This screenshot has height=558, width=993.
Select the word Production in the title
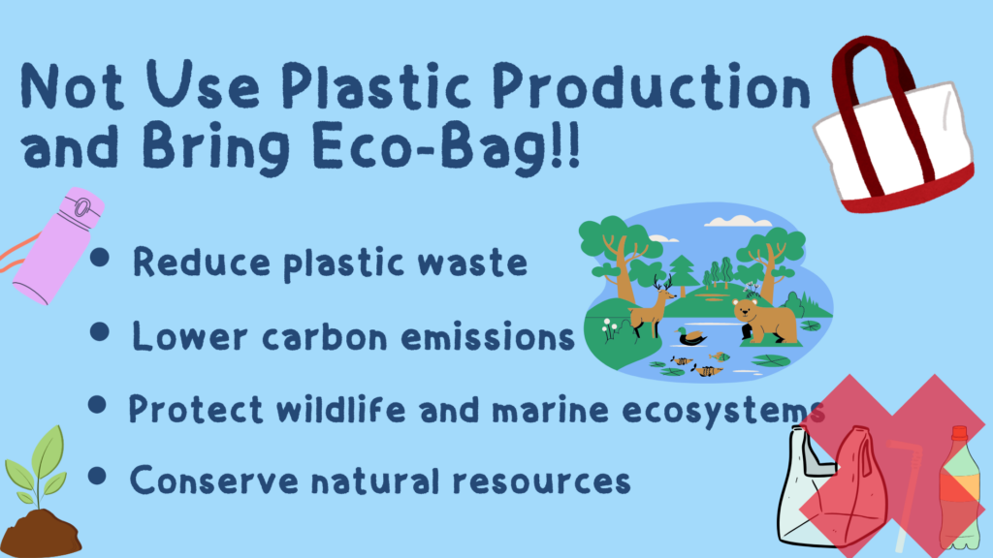click(651, 85)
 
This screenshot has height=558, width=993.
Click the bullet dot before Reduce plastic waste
click(100, 258)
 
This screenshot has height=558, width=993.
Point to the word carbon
click(325, 337)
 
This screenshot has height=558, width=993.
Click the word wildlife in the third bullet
click(340, 409)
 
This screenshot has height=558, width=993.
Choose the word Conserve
click(213, 480)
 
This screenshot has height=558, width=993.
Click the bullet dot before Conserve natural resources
click(97, 477)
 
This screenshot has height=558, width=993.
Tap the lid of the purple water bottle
click(80, 206)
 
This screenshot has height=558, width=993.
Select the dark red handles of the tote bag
click(874, 108)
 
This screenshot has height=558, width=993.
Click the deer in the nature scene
click(653, 306)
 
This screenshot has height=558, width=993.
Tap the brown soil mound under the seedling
click(40, 535)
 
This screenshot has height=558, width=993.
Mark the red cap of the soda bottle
click(959, 434)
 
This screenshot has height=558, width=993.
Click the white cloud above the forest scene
click(738, 221)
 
